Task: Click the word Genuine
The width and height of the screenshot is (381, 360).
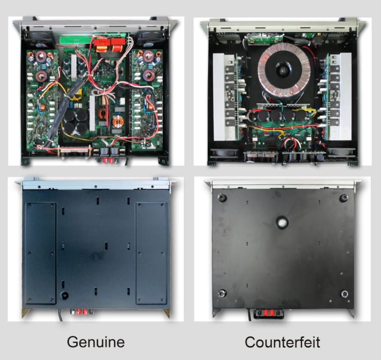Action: point(96,341)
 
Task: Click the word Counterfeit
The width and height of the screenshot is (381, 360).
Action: point(282,341)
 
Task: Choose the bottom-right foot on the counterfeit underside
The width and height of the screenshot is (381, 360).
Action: point(344,294)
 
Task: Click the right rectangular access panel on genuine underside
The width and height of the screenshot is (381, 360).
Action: point(151,253)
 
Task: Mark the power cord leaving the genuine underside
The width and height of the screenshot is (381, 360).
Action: point(60,315)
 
